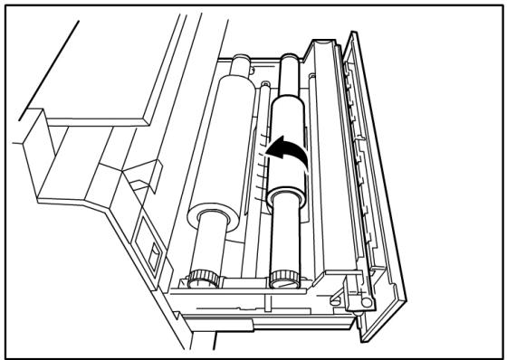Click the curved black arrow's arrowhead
(x=278, y=144)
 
